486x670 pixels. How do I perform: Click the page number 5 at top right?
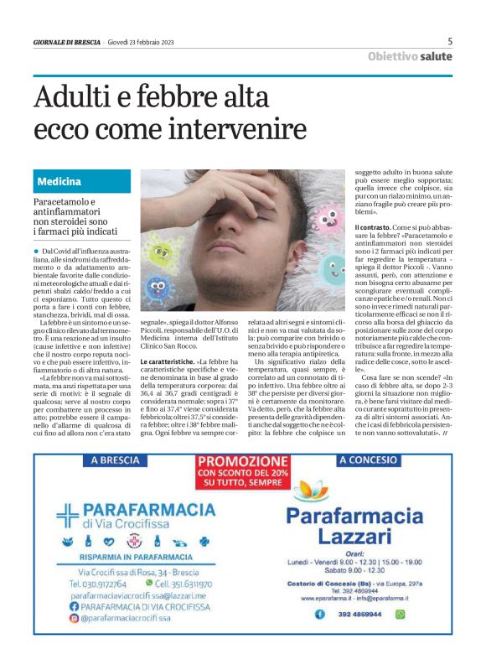[450, 41]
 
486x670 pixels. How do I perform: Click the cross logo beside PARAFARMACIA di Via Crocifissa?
[67, 512]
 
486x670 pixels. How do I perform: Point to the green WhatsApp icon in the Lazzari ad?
[400, 615]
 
